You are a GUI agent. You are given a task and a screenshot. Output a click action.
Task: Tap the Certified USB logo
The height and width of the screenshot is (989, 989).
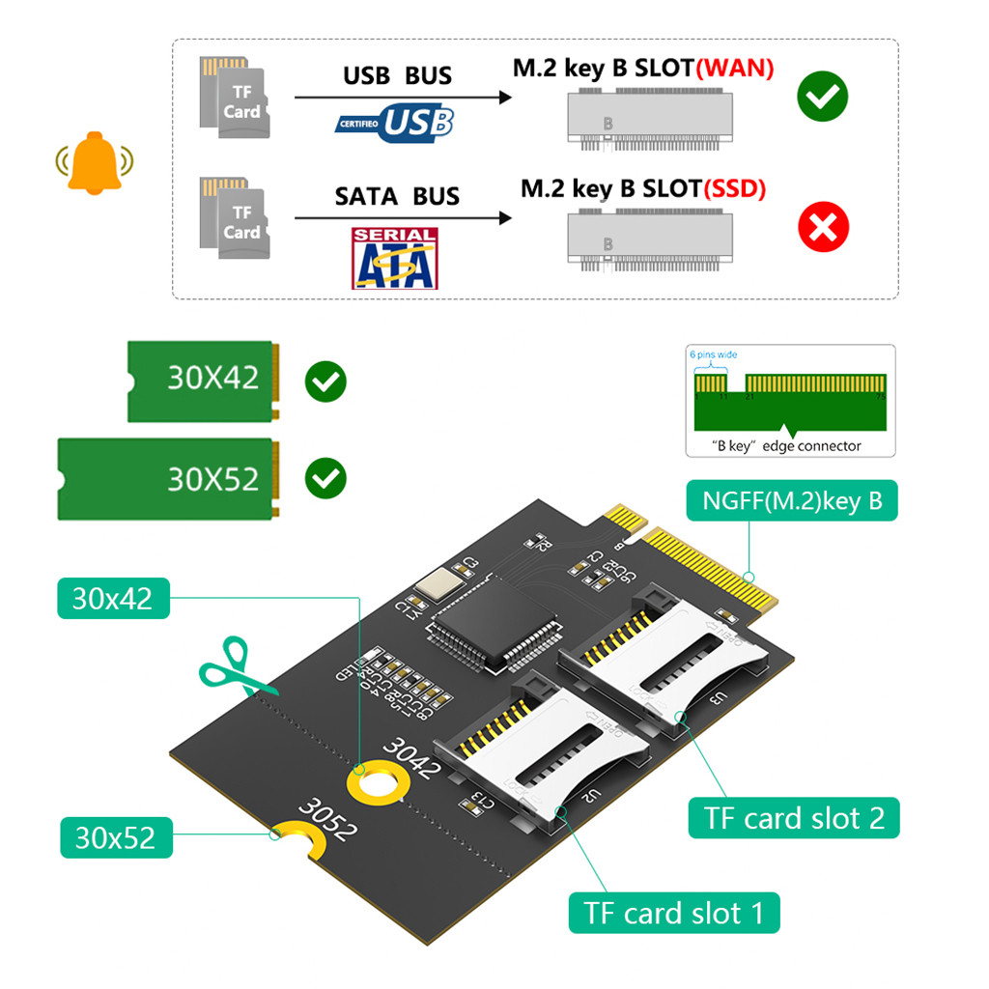click(395, 124)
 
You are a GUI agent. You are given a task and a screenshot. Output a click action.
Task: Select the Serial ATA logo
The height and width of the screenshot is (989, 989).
click(394, 258)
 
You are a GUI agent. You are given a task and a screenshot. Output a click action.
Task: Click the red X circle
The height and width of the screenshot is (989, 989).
click(823, 229)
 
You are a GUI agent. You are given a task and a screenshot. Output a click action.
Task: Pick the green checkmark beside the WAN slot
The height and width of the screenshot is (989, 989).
click(822, 97)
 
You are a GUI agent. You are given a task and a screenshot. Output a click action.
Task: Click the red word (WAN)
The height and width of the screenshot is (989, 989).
click(735, 70)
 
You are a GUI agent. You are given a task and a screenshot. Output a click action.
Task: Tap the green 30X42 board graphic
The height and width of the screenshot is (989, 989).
click(204, 380)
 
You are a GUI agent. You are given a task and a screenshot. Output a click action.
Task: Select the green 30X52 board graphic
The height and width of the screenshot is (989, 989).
click(168, 479)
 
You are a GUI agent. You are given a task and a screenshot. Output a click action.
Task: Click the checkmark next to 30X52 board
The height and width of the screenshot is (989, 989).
click(325, 478)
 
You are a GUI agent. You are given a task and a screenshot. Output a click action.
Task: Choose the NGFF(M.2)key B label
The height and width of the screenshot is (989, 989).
click(792, 502)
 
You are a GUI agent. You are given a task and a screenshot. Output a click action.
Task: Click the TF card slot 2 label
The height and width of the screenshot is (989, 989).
click(794, 818)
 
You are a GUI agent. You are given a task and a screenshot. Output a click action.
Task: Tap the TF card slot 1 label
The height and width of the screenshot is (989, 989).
click(673, 912)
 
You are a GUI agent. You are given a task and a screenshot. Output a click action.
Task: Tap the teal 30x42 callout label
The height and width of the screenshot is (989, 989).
click(113, 599)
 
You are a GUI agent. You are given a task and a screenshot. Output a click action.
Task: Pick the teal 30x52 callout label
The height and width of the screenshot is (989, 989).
click(116, 837)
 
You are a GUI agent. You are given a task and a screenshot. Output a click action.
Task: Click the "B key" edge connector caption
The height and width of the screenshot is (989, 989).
click(786, 445)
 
